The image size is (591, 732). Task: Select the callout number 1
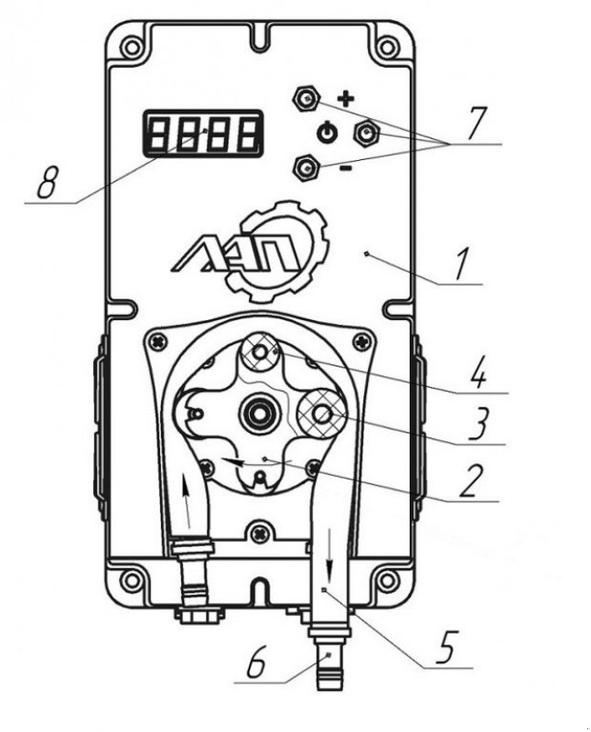click(x=463, y=262)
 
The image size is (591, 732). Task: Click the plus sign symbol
click(x=345, y=97)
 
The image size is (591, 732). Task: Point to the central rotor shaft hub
click(x=257, y=414)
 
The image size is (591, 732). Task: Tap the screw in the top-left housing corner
click(x=133, y=46)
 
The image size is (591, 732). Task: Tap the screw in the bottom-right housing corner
click(x=387, y=580)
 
